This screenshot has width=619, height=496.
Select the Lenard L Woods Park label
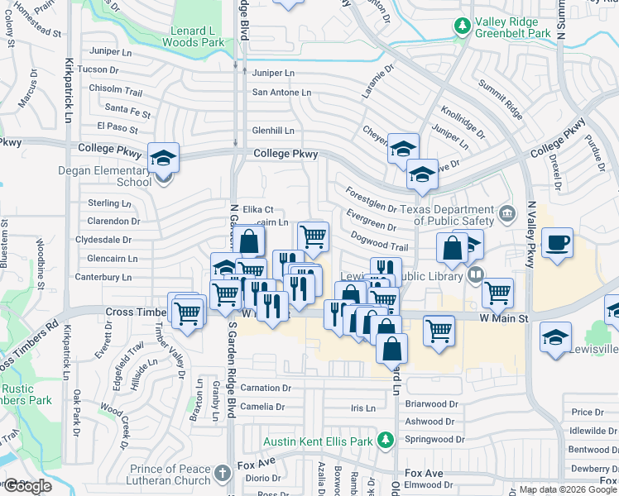[x=193, y=36]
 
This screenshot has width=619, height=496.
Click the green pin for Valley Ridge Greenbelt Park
[x=462, y=26]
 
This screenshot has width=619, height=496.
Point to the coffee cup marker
[x=558, y=243]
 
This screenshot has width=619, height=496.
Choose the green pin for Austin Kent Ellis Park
[x=384, y=441]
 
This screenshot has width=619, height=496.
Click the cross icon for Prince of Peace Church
[x=221, y=473]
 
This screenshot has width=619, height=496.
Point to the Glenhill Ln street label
[x=273, y=131]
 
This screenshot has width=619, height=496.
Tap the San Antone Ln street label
[x=281, y=93]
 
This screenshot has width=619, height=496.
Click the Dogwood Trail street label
[x=380, y=246]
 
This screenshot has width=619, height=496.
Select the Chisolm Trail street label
[x=117, y=89]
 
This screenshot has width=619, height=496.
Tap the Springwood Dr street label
[x=435, y=439]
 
